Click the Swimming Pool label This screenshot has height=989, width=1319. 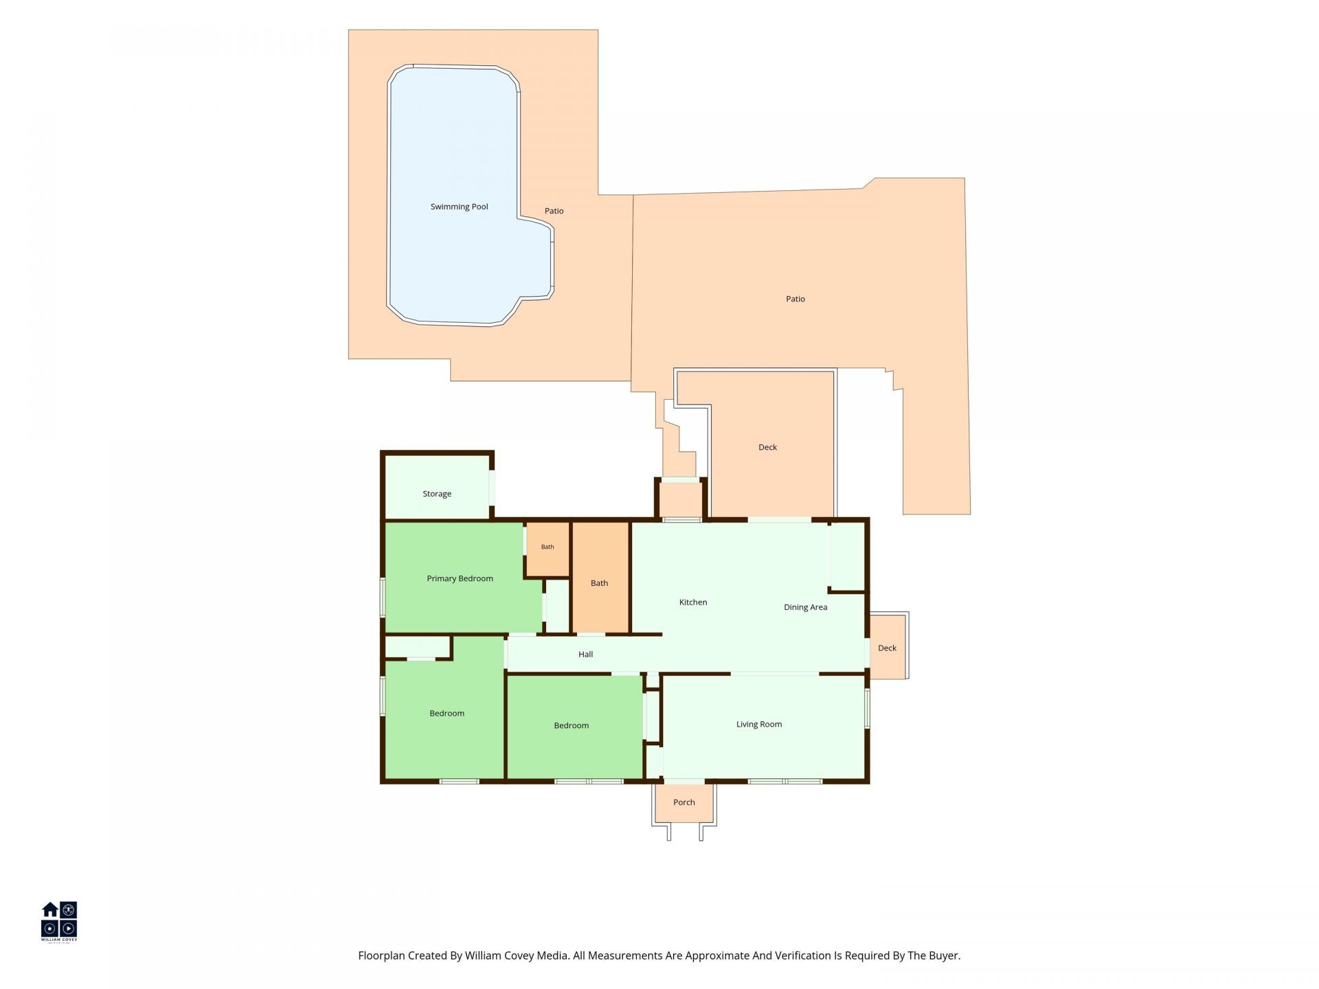(x=459, y=207)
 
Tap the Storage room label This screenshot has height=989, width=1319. (x=437, y=494)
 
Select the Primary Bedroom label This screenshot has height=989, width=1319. (x=460, y=578)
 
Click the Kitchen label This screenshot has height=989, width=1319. (x=693, y=602)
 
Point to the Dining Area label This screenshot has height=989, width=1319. (x=805, y=607)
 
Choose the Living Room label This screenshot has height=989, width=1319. (x=759, y=724)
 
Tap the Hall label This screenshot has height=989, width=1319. (x=585, y=655)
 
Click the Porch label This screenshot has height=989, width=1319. (x=684, y=802)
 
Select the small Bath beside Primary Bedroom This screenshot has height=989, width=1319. (x=548, y=547)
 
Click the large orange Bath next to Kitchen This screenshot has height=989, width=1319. (x=599, y=583)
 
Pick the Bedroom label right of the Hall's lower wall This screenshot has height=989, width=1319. (x=572, y=725)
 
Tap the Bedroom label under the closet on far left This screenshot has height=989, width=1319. (x=447, y=714)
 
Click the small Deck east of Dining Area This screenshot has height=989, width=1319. (x=887, y=648)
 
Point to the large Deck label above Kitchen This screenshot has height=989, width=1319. (x=767, y=447)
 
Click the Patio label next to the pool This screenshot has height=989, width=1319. (x=554, y=211)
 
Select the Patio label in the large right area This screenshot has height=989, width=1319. (x=796, y=299)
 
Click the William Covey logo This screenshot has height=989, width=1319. (x=59, y=922)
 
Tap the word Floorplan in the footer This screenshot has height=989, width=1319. (x=381, y=955)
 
